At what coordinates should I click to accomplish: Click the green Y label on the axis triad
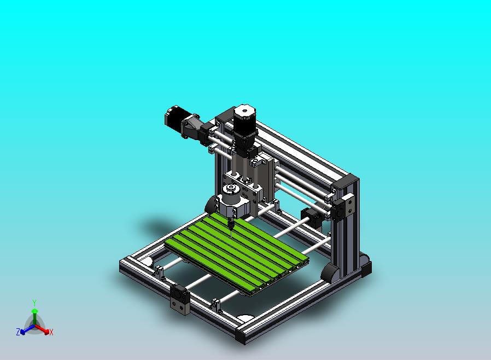click(x=34, y=303)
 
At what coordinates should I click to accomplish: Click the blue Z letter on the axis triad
click(x=18, y=332)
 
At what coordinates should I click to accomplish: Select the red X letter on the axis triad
click(x=51, y=332)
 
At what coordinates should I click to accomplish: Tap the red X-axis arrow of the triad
click(x=44, y=329)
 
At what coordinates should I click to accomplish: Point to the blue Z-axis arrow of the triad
click(x=25, y=329)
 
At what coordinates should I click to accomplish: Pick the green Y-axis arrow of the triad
click(x=34, y=315)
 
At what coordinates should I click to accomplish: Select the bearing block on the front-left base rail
click(x=180, y=299)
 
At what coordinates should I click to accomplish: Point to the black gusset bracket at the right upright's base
click(x=330, y=272)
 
